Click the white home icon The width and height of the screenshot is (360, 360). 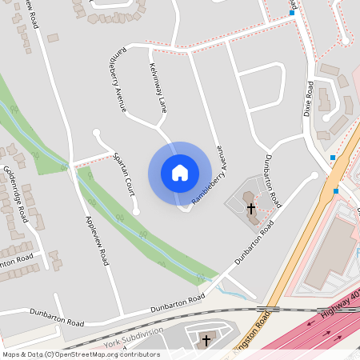click(180, 173)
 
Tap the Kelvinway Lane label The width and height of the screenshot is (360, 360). click(158, 86)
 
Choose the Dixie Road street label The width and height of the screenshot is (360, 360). click(308, 98)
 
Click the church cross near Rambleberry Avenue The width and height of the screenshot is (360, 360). click(250, 208)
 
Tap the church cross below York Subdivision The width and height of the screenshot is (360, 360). click(206, 340)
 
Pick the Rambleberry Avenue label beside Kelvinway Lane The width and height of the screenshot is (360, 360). click(118, 80)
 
